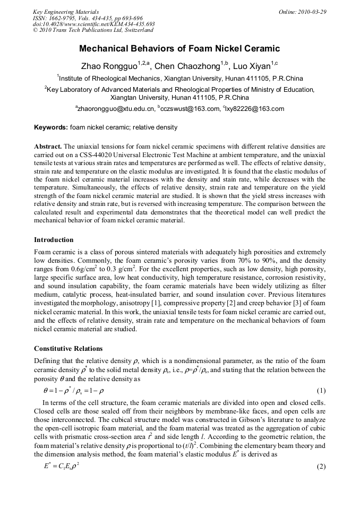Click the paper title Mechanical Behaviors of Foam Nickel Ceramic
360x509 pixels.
coord(179,49)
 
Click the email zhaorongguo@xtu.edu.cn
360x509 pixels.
coord(115,109)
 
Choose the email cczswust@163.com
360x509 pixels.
coord(191,109)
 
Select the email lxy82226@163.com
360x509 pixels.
coord(255,109)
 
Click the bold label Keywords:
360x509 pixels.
coord(51,128)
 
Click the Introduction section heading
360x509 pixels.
coord(54,239)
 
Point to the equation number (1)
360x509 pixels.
coord(321,391)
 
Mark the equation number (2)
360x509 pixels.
coord(321,467)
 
